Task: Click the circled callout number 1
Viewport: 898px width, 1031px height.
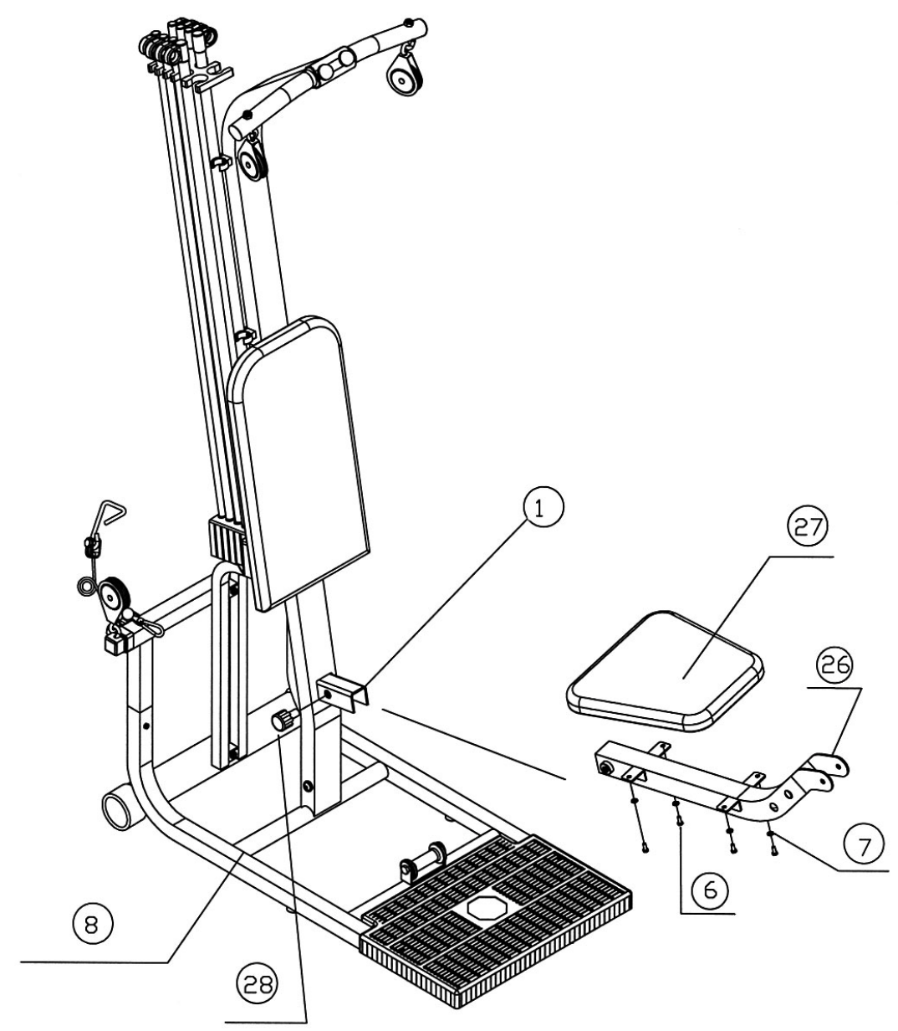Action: pyautogui.click(x=543, y=511)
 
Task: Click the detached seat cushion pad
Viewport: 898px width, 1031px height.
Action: pyautogui.click(x=665, y=668)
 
